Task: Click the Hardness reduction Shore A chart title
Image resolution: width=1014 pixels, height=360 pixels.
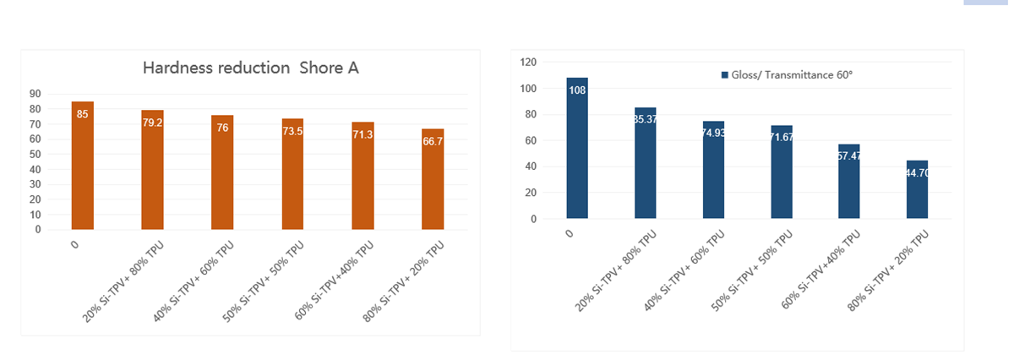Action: [x=250, y=68]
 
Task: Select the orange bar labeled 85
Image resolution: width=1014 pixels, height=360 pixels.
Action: [x=82, y=169]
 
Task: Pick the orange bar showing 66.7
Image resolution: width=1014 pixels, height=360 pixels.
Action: [x=432, y=182]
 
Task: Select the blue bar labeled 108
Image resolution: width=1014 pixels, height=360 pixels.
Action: [x=577, y=152]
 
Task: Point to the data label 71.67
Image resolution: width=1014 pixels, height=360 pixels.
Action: [x=781, y=137]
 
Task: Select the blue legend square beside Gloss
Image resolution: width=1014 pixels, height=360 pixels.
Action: [x=724, y=75]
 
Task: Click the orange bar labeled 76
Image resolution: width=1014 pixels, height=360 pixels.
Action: [x=222, y=173]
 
